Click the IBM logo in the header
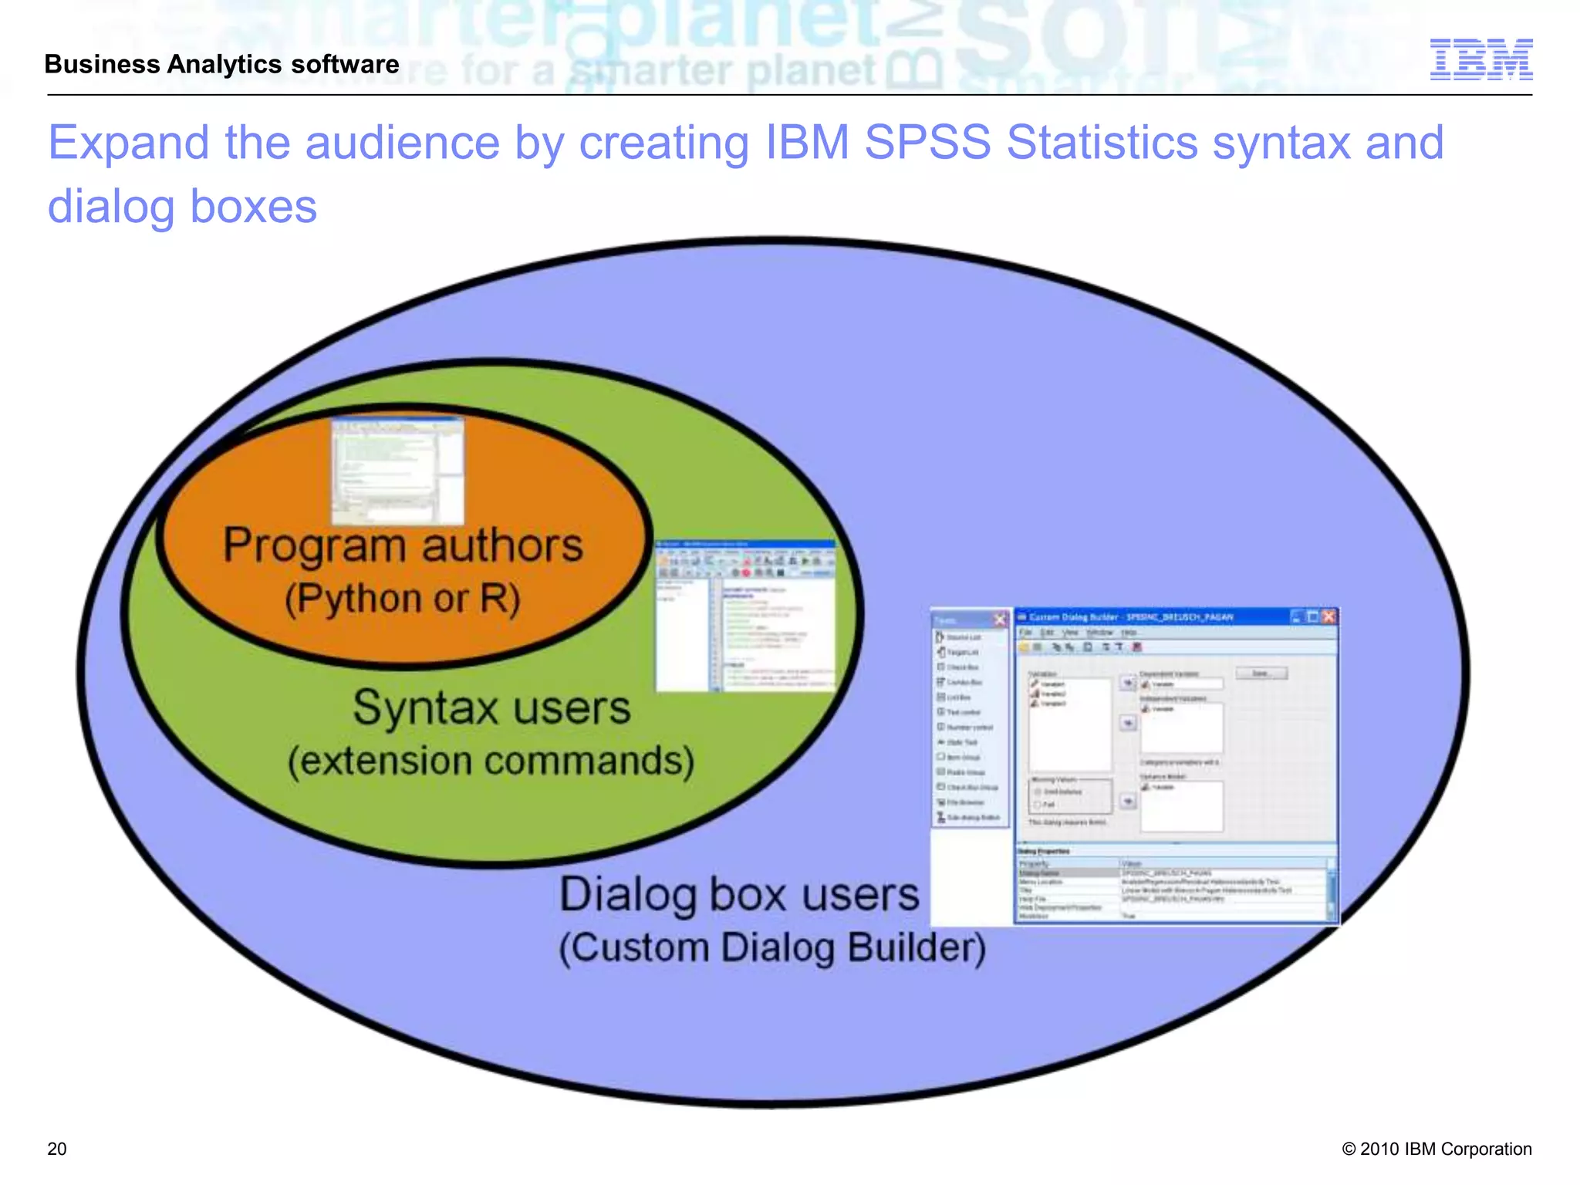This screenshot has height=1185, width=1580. point(1480,59)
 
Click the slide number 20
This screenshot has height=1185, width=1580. point(57,1149)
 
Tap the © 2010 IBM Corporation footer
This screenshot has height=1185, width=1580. point(1437,1149)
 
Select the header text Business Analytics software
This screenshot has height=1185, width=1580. point(222,64)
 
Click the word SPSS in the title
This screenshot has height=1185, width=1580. point(927,143)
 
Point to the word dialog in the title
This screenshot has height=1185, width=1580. point(111,207)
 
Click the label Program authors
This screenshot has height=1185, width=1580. point(403,545)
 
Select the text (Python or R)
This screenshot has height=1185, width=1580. point(403,599)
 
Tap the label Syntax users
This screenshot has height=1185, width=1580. point(491,707)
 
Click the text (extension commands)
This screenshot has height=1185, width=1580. point(491,761)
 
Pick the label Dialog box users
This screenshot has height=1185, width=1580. point(738,895)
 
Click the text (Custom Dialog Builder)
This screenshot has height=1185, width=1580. point(772,948)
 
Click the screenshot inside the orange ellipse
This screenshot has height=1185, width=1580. point(397,470)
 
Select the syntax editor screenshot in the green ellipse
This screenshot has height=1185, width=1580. point(745,616)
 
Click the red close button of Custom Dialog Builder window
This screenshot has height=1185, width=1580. point(1328,616)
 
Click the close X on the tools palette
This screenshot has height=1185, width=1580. point(1000,620)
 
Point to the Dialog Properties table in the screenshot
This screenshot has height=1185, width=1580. point(1175,885)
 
